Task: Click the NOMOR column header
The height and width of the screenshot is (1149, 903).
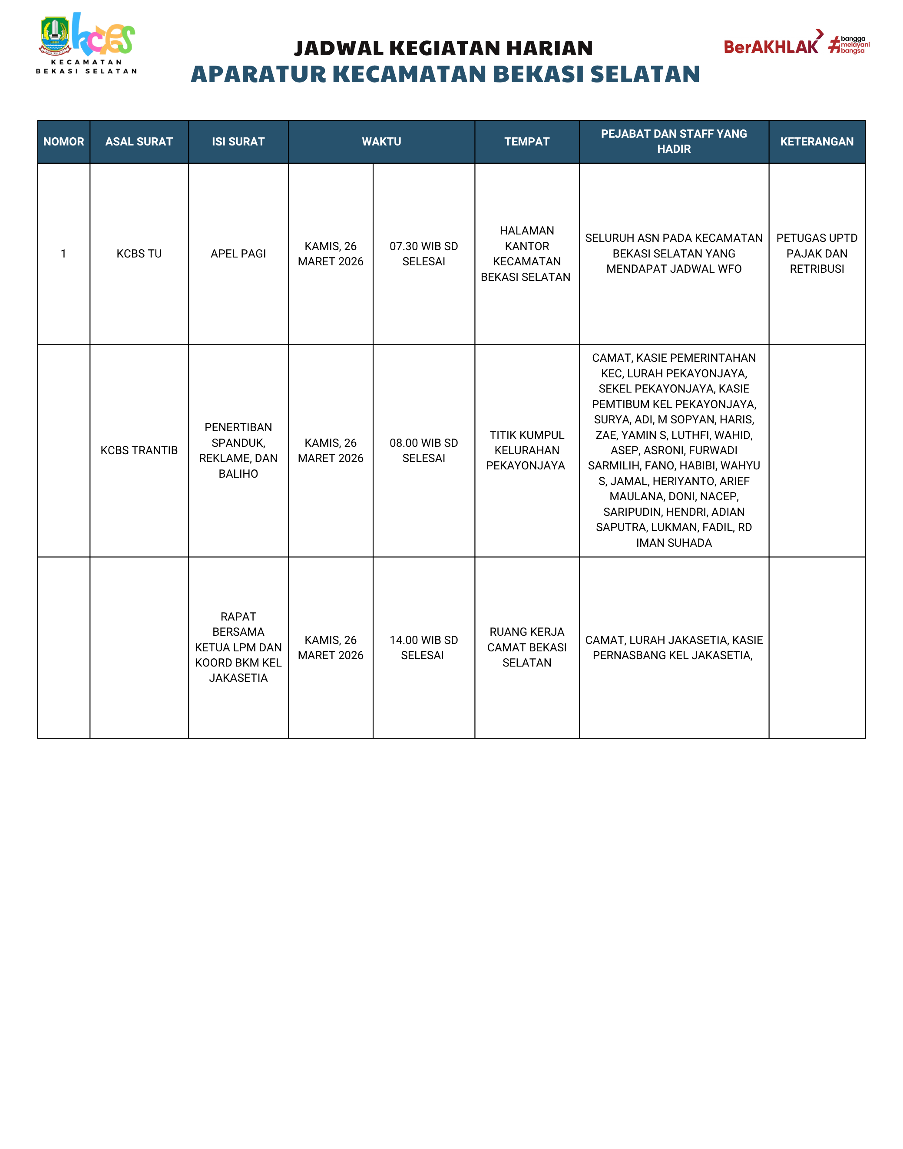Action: [x=63, y=142]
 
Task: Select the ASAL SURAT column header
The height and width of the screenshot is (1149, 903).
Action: [x=139, y=142]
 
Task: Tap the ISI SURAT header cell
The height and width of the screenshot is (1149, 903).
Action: [x=238, y=142]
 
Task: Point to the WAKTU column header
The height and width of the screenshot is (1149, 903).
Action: [x=381, y=142]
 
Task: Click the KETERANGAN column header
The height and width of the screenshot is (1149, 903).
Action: [x=817, y=142]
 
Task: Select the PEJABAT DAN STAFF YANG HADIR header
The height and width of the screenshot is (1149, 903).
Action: [x=674, y=142]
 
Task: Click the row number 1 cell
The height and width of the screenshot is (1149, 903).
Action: [x=63, y=254]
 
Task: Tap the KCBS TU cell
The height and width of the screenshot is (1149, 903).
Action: [x=139, y=254]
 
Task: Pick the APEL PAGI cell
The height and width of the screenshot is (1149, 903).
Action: [x=238, y=254]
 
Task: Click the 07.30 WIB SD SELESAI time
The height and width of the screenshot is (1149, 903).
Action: [x=423, y=254]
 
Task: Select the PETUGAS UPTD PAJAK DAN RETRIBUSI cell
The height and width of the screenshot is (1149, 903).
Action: [x=817, y=254]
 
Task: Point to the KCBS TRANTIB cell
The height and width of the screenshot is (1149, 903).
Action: [x=139, y=450]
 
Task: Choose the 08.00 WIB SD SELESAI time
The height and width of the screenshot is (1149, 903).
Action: [x=423, y=450]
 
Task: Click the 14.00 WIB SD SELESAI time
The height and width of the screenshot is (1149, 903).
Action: [x=423, y=647]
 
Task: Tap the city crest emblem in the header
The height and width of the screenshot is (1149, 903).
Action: [x=55, y=36]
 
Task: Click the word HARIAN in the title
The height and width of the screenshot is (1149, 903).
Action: [x=549, y=48]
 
